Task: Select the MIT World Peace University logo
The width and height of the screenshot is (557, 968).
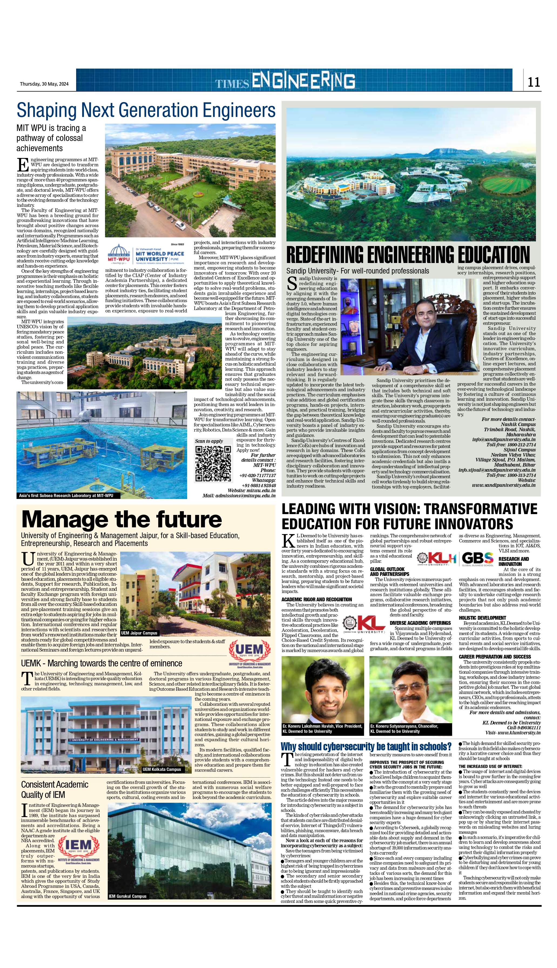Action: [146, 254]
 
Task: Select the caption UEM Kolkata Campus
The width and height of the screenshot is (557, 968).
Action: [161, 769]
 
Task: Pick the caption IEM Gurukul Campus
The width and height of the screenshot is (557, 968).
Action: [127, 896]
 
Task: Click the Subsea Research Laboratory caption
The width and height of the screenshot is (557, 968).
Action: [66, 496]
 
